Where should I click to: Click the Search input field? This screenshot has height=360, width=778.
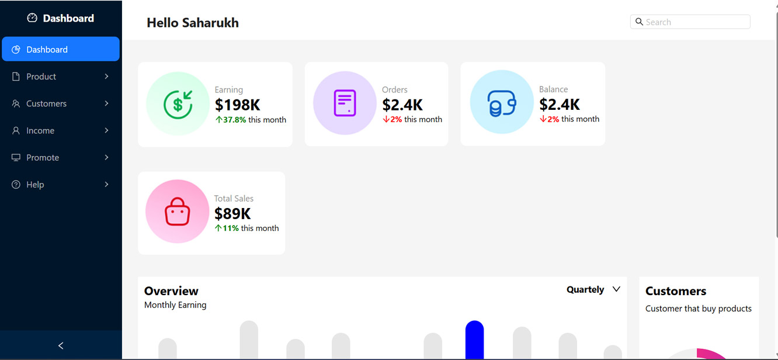[x=695, y=22]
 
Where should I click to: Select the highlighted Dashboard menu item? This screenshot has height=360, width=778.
[x=61, y=50]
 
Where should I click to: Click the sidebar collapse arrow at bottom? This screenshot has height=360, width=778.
[x=61, y=345]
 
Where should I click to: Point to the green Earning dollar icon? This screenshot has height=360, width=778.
[x=178, y=104]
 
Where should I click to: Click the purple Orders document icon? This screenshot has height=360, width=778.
[x=345, y=103]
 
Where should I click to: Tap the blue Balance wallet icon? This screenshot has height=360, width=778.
[x=501, y=103]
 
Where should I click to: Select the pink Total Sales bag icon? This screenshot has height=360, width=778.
[x=177, y=212]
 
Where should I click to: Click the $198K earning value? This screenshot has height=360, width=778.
[x=237, y=105]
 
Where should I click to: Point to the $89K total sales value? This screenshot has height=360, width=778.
[x=232, y=214]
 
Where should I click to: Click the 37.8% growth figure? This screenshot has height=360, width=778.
[x=234, y=120]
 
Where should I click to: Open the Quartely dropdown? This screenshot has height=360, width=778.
[x=593, y=289]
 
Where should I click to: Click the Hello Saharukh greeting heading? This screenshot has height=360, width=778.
[x=193, y=23]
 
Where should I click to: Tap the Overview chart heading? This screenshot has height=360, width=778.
[x=171, y=291]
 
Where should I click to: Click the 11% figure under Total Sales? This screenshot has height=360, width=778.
[x=230, y=229]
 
